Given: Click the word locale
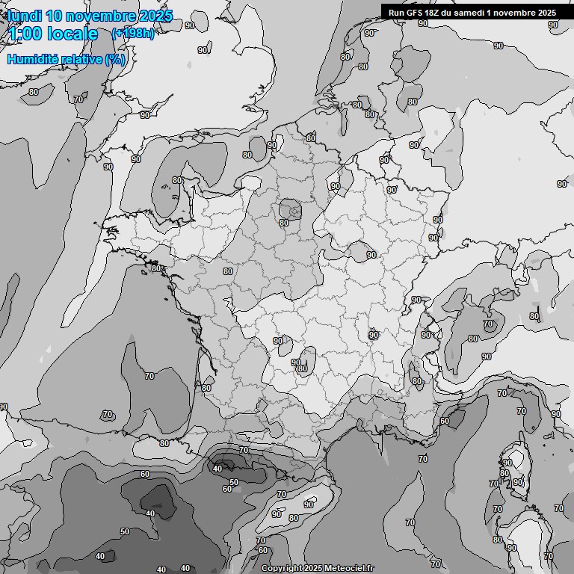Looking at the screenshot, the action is click(x=72, y=34).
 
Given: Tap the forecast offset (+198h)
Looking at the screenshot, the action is click(x=132, y=34).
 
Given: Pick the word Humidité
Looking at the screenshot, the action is click(x=32, y=59).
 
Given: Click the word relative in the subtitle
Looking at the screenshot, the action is click(x=81, y=59).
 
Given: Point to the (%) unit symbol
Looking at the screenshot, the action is click(x=115, y=59).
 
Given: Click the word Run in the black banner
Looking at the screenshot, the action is click(x=397, y=12).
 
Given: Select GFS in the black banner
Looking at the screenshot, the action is click(x=416, y=12).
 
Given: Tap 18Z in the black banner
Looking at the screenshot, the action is click(x=434, y=12).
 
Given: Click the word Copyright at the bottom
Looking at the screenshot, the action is click(x=282, y=568).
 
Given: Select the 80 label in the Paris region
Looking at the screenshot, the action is click(x=283, y=222).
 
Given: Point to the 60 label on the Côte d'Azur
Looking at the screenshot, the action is click(x=444, y=421).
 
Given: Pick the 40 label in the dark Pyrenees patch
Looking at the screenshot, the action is click(x=217, y=469).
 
